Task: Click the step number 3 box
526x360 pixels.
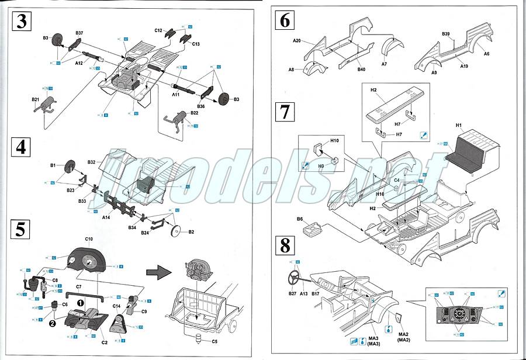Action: (x=22, y=22)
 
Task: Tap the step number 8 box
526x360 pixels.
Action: (x=285, y=245)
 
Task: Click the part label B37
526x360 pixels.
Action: (x=79, y=33)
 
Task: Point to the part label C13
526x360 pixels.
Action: (x=195, y=44)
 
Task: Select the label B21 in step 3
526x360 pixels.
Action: (x=36, y=100)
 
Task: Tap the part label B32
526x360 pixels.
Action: (x=91, y=162)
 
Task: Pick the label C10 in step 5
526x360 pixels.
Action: (x=89, y=240)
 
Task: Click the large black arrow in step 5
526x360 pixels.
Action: (x=157, y=271)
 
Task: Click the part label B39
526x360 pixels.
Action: (x=445, y=34)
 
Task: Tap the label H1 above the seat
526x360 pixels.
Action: (x=458, y=124)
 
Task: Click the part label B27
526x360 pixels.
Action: (x=293, y=293)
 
